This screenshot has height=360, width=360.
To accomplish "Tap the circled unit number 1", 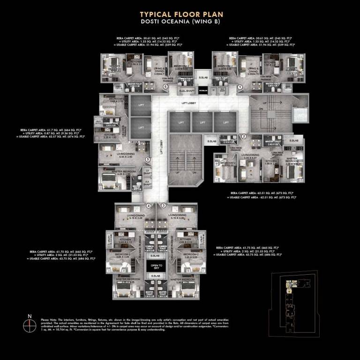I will click(240, 87).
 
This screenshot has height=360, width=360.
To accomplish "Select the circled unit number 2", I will click(244, 136).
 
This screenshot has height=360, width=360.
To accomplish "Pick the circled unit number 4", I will click(149, 206).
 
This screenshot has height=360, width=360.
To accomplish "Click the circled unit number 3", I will click(164, 206).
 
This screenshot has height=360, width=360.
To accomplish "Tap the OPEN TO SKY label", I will click(156, 267).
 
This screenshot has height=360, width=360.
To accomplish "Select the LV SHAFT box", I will click(147, 172).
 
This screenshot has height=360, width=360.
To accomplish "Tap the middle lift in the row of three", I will click(202, 123).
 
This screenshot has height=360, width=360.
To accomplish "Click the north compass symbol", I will click(29, 324).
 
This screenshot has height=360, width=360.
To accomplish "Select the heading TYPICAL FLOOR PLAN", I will click(180, 14).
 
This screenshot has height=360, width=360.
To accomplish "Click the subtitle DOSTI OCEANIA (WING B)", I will click(180, 22).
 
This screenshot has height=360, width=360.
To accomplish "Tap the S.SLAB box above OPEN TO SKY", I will click(156, 256).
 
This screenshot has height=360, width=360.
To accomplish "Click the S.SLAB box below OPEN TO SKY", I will click(156, 277).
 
